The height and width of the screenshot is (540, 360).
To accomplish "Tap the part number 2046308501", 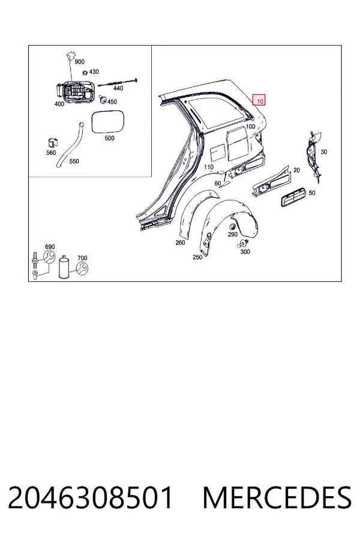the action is tap(90, 497).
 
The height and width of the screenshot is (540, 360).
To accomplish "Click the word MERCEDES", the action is tap(277, 497).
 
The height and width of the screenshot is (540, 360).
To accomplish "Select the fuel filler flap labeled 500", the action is tap(108, 122).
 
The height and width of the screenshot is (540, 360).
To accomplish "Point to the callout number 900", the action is tap(79, 62).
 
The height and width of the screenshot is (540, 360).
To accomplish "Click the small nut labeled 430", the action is tap(85, 73).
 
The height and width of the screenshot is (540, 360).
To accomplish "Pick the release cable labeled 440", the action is tap(118, 82).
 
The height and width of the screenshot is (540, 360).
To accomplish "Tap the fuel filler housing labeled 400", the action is tap(74, 91).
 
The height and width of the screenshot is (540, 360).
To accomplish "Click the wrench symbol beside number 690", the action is tap(49, 256).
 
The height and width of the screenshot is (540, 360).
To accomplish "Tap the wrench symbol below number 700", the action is tap(82, 268).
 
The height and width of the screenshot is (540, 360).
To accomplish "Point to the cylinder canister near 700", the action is tap(64, 267).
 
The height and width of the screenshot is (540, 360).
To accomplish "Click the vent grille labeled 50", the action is tap(293, 197).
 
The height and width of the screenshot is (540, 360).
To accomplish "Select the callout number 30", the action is tap(323, 152).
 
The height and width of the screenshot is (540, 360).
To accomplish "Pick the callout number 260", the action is tap(180, 242).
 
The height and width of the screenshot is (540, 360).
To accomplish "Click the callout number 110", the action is tap(208, 167).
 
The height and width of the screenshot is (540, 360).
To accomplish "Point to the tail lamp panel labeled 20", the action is tap(271, 181).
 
